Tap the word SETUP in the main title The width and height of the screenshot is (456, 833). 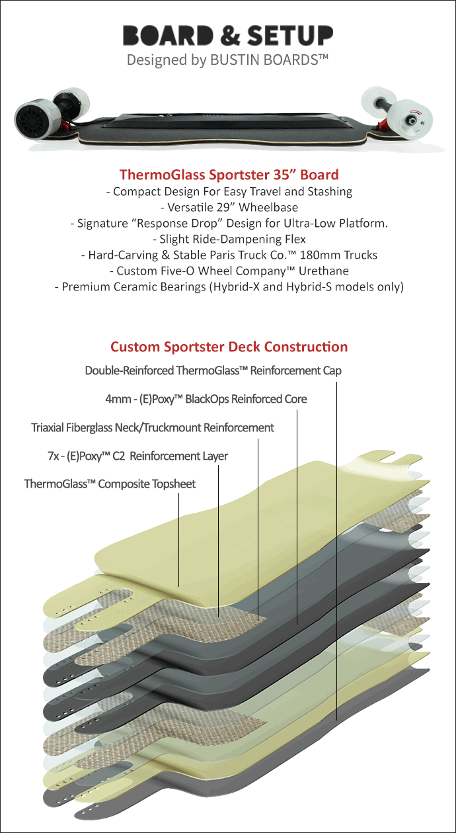pyautogui.click(x=290, y=35)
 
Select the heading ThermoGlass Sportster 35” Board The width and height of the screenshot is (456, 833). pyautogui.click(x=229, y=175)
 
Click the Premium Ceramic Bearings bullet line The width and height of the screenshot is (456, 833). pyautogui.click(x=229, y=286)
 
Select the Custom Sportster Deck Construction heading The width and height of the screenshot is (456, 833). pyautogui.click(x=229, y=347)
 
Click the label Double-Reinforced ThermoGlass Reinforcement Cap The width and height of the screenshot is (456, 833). pyautogui.click(x=213, y=371)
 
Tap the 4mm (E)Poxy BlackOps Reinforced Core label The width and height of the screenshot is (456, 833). pyautogui.click(x=206, y=399)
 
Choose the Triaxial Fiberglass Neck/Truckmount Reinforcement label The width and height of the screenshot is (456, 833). pyautogui.click(x=153, y=427)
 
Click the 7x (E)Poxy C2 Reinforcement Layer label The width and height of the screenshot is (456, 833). pyautogui.click(x=137, y=456)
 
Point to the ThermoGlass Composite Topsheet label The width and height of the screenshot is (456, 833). pyautogui.click(x=110, y=484)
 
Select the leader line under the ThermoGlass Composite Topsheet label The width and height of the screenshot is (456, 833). pyautogui.click(x=178, y=540)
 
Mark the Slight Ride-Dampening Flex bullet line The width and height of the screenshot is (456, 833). pyautogui.click(x=229, y=239)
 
